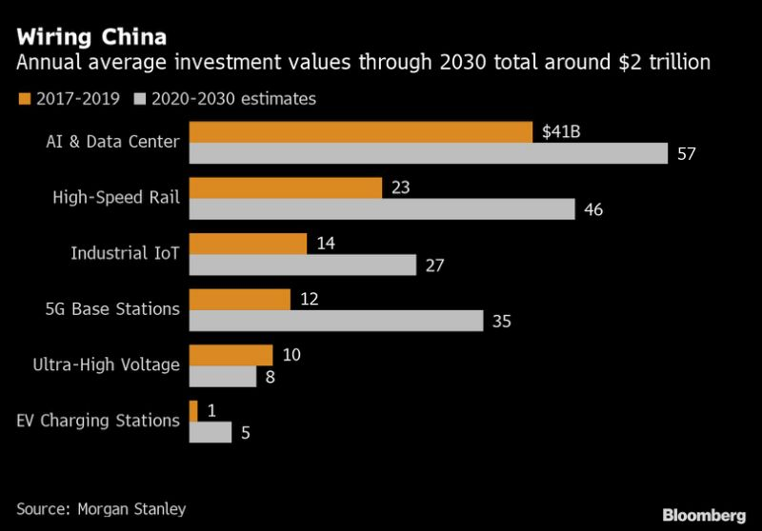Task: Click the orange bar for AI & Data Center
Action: click(x=361, y=131)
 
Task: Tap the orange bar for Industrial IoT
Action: click(x=249, y=244)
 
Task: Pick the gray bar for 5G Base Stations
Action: click(x=337, y=321)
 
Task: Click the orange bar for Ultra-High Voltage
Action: click(x=231, y=355)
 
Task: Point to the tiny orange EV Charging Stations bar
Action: click(x=194, y=410)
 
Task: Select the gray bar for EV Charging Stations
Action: click(x=211, y=432)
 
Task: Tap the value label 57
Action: click(x=687, y=154)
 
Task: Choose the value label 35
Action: click(x=502, y=322)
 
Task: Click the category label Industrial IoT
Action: click(x=125, y=253)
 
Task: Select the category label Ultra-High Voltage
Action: click(x=106, y=364)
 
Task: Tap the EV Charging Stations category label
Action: click(x=97, y=420)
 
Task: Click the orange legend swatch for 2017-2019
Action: click(x=23, y=98)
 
